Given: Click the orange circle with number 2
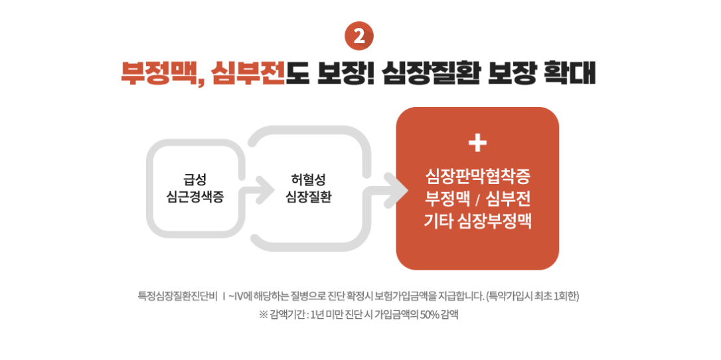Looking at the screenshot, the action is pyautogui.click(x=359, y=37).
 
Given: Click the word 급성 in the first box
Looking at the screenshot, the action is pyautogui.click(x=195, y=179).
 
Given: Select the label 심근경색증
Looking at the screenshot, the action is pyautogui.click(x=195, y=197).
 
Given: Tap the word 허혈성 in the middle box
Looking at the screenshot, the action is pyautogui.click(x=308, y=179).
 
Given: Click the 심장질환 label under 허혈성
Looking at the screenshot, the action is pyautogui.click(x=308, y=197).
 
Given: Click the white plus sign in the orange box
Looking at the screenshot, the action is pyautogui.click(x=477, y=143).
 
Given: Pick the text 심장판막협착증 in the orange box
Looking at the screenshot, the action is pyautogui.click(x=477, y=177).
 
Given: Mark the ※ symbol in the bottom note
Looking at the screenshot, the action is pyautogui.click(x=263, y=315).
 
